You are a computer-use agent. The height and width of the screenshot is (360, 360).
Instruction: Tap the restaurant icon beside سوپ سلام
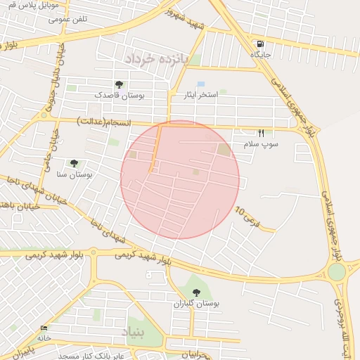point(262,133)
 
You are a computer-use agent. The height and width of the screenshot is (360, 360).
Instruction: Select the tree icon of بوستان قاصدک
point(119,84)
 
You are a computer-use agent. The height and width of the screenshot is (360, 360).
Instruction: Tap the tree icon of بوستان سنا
point(75,162)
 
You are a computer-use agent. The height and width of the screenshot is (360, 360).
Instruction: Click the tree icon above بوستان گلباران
point(195,292)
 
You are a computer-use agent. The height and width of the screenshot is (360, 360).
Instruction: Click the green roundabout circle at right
point(337,271)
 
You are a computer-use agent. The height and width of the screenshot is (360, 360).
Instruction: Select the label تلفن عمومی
point(68,19)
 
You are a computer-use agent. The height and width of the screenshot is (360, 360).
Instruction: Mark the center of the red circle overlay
point(180,179)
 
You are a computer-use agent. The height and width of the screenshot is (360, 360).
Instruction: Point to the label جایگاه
point(261,53)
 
